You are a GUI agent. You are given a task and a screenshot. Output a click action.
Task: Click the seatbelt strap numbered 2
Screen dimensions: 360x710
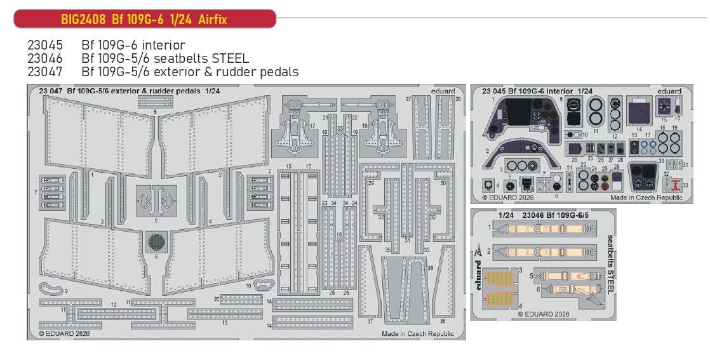[x=543, y=251]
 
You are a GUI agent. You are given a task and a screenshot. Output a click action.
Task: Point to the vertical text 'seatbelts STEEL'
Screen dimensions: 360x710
[x=610, y=263]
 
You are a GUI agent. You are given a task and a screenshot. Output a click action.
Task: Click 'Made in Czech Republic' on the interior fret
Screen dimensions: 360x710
[x=646, y=197]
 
